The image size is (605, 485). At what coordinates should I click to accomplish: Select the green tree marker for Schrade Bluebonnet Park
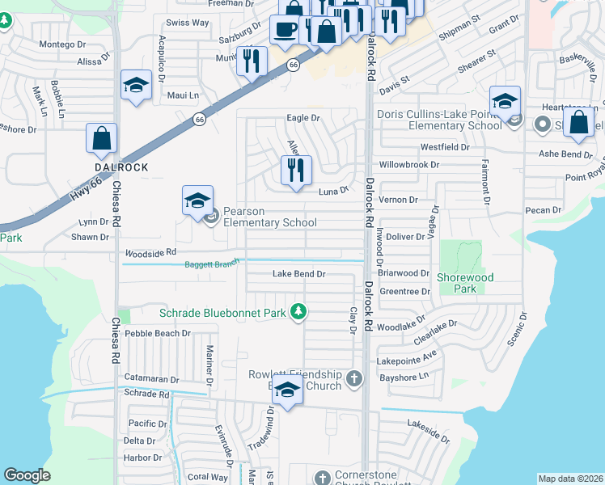(x=298, y=311)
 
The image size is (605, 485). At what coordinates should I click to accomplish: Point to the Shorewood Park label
(x=465, y=283)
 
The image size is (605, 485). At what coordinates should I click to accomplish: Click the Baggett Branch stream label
(x=212, y=264)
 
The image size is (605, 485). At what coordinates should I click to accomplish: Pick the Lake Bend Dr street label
(x=298, y=274)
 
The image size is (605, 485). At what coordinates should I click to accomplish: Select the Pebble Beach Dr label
(x=158, y=332)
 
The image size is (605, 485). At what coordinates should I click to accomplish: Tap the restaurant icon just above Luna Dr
(x=296, y=171)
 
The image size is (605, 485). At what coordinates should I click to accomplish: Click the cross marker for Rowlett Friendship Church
(x=353, y=377)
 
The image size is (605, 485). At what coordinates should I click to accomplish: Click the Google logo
(x=27, y=475)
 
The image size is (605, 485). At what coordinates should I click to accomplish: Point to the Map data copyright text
(x=570, y=478)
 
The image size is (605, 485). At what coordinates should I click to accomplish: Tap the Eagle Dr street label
(x=303, y=118)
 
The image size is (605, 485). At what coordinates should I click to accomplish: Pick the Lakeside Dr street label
(x=428, y=430)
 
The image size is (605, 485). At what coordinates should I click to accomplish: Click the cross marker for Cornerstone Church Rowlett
(x=323, y=478)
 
